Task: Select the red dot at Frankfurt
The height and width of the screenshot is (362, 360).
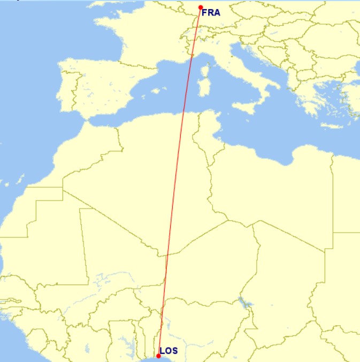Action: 201,7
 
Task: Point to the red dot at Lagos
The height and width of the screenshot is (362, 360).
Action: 158,356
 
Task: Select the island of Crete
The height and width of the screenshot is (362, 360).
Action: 332,126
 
